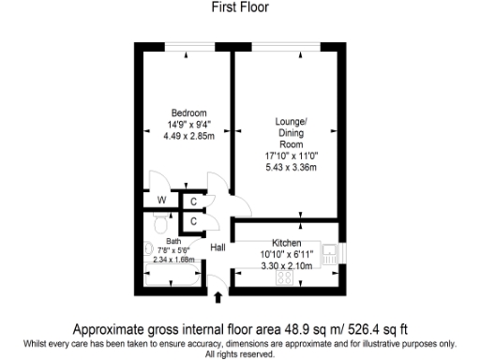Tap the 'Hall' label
click(x=218, y=248)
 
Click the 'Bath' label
click(x=161, y=240)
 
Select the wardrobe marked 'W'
click(x=161, y=200)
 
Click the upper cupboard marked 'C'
click(x=193, y=201)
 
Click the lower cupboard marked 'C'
click(x=193, y=221)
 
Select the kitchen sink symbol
click(x=329, y=250)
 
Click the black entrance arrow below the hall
click(x=219, y=298)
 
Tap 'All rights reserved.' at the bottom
click(x=240, y=354)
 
